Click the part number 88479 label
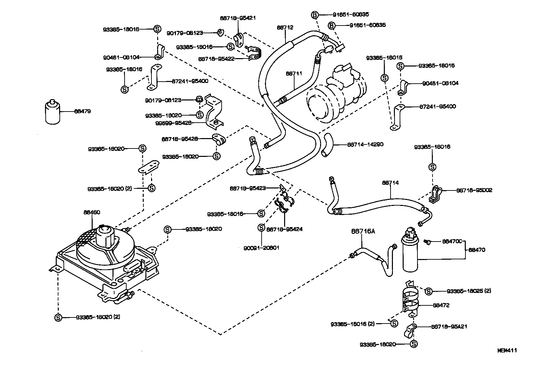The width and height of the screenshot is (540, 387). tap(82, 111)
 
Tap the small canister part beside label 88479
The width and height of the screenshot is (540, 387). tap(52, 112)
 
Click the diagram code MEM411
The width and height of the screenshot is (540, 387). tap(507, 350)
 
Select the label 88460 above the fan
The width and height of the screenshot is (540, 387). tap(92, 212)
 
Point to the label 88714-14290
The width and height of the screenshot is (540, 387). tap(365, 144)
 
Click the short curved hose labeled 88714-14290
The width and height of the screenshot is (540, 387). tap(327, 144)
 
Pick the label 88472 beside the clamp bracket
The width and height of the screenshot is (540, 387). tap(441, 305)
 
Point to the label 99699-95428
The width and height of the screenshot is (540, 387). tap(173, 123)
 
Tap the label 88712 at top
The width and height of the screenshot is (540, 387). tap(285, 28)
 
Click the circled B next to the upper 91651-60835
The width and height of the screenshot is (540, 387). tap(315, 15)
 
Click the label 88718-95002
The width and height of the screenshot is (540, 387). tap(474, 190)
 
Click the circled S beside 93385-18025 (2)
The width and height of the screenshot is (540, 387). tap(429, 291)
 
